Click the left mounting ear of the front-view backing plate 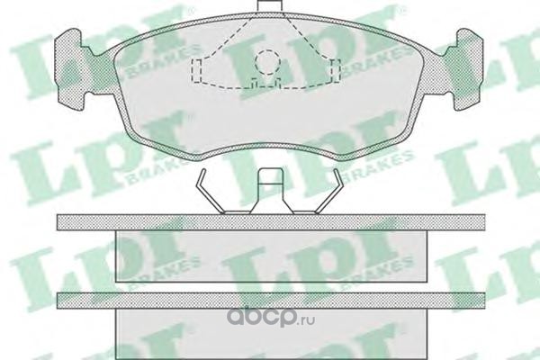coord(69,69)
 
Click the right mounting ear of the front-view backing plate coord(469,69)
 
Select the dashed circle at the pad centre coord(268,62)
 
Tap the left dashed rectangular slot coord(196,71)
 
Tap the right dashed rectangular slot coord(336,71)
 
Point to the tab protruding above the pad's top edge coord(269,5)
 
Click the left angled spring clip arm coord(210,192)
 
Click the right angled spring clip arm coord(328,192)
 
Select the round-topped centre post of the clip coord(272,191)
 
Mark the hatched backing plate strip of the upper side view coord(271,222)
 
